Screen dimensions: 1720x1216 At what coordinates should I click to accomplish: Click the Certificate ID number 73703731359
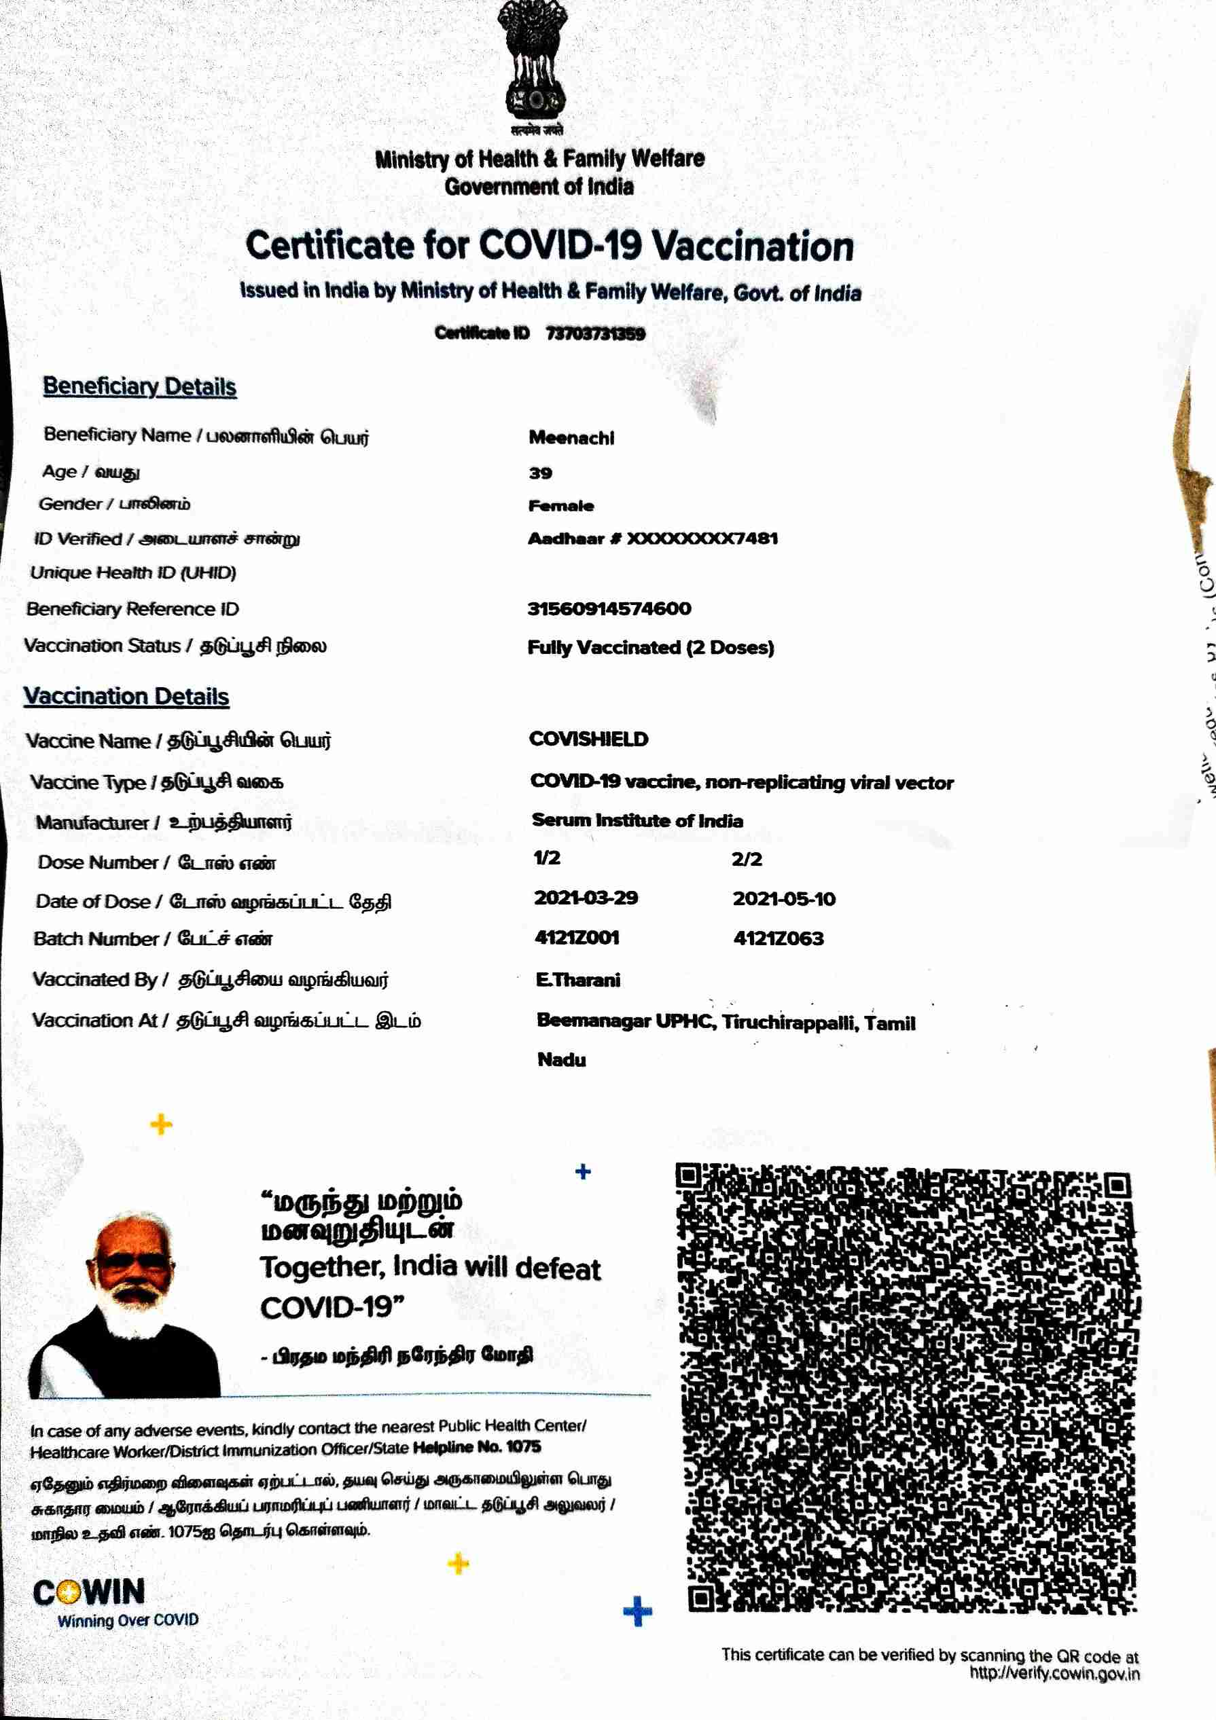pos(595,333)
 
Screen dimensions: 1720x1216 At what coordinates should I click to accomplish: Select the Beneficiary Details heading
pos(139,386)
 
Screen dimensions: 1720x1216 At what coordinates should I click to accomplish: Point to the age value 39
pos(540,473)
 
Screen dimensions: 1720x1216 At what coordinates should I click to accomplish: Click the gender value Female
pos(560,506)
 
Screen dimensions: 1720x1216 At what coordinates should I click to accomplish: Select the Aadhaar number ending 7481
pos(653,538)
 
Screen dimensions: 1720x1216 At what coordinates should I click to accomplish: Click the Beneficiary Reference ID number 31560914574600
pos(609,608)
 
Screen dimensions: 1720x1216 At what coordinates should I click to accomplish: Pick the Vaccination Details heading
pos(126,696)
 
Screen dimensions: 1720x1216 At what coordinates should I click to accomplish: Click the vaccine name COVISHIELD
pos(588,739)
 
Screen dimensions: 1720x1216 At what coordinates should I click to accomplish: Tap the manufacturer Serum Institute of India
pos(637,820)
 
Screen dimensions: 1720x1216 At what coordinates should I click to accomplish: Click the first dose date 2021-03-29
pos(585,898)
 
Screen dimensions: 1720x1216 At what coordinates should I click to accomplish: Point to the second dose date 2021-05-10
pos(784,898)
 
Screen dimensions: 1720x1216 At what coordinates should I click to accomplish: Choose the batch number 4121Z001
pos(577,937)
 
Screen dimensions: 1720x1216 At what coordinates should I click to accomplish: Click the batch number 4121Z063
pos(779,938)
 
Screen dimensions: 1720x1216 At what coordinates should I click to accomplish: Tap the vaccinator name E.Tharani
pos(577,980)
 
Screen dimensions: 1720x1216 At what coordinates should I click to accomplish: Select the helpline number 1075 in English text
pos(523,1446)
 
